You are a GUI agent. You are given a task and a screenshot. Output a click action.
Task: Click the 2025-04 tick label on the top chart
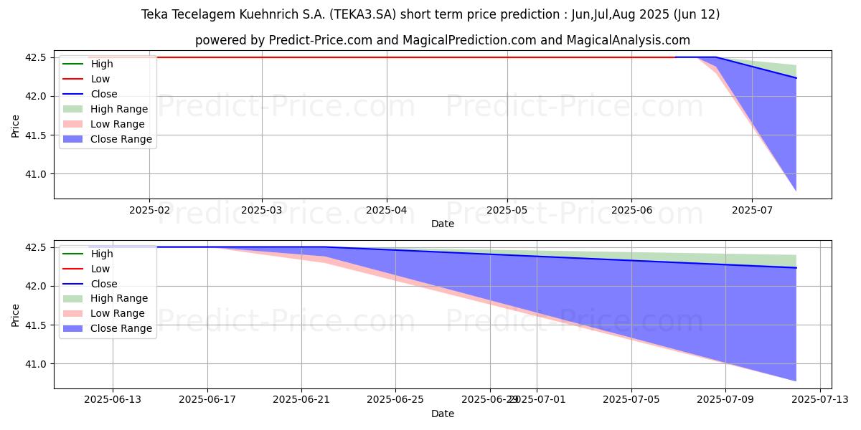[387, 210]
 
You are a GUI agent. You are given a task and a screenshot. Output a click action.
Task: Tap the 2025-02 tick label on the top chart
[149, 210]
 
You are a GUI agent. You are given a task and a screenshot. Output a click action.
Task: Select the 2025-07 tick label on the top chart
[752, 210]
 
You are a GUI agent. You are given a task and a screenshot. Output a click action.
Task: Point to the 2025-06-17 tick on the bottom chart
[207, 400]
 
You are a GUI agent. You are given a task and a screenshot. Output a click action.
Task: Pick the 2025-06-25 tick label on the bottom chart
[395, 400]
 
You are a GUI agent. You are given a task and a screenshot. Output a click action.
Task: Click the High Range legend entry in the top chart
[119, 109]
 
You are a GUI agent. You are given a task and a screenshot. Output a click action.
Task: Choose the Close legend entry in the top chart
[104, 94]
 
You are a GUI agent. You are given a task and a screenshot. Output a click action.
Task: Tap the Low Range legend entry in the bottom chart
[117, 314]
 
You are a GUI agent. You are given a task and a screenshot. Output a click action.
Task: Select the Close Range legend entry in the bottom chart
[121, 329]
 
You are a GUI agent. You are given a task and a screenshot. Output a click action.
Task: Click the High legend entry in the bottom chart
[102, 254]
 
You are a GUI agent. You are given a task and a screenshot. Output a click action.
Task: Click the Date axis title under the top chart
[443, 224]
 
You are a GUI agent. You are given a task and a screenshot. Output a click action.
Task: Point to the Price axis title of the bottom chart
[16, 314]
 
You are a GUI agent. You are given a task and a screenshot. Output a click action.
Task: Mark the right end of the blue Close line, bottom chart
[796, 268]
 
